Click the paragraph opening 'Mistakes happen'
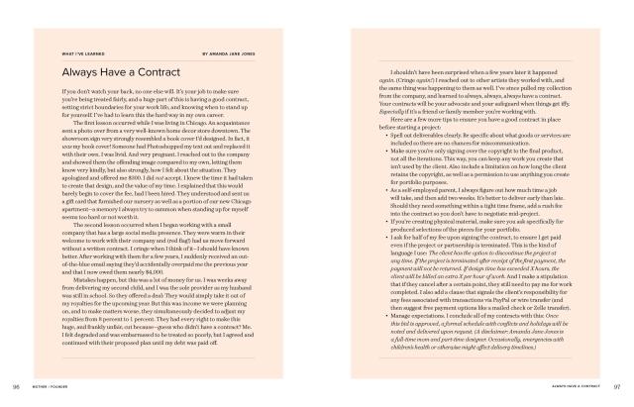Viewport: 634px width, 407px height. coord(169,296)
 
